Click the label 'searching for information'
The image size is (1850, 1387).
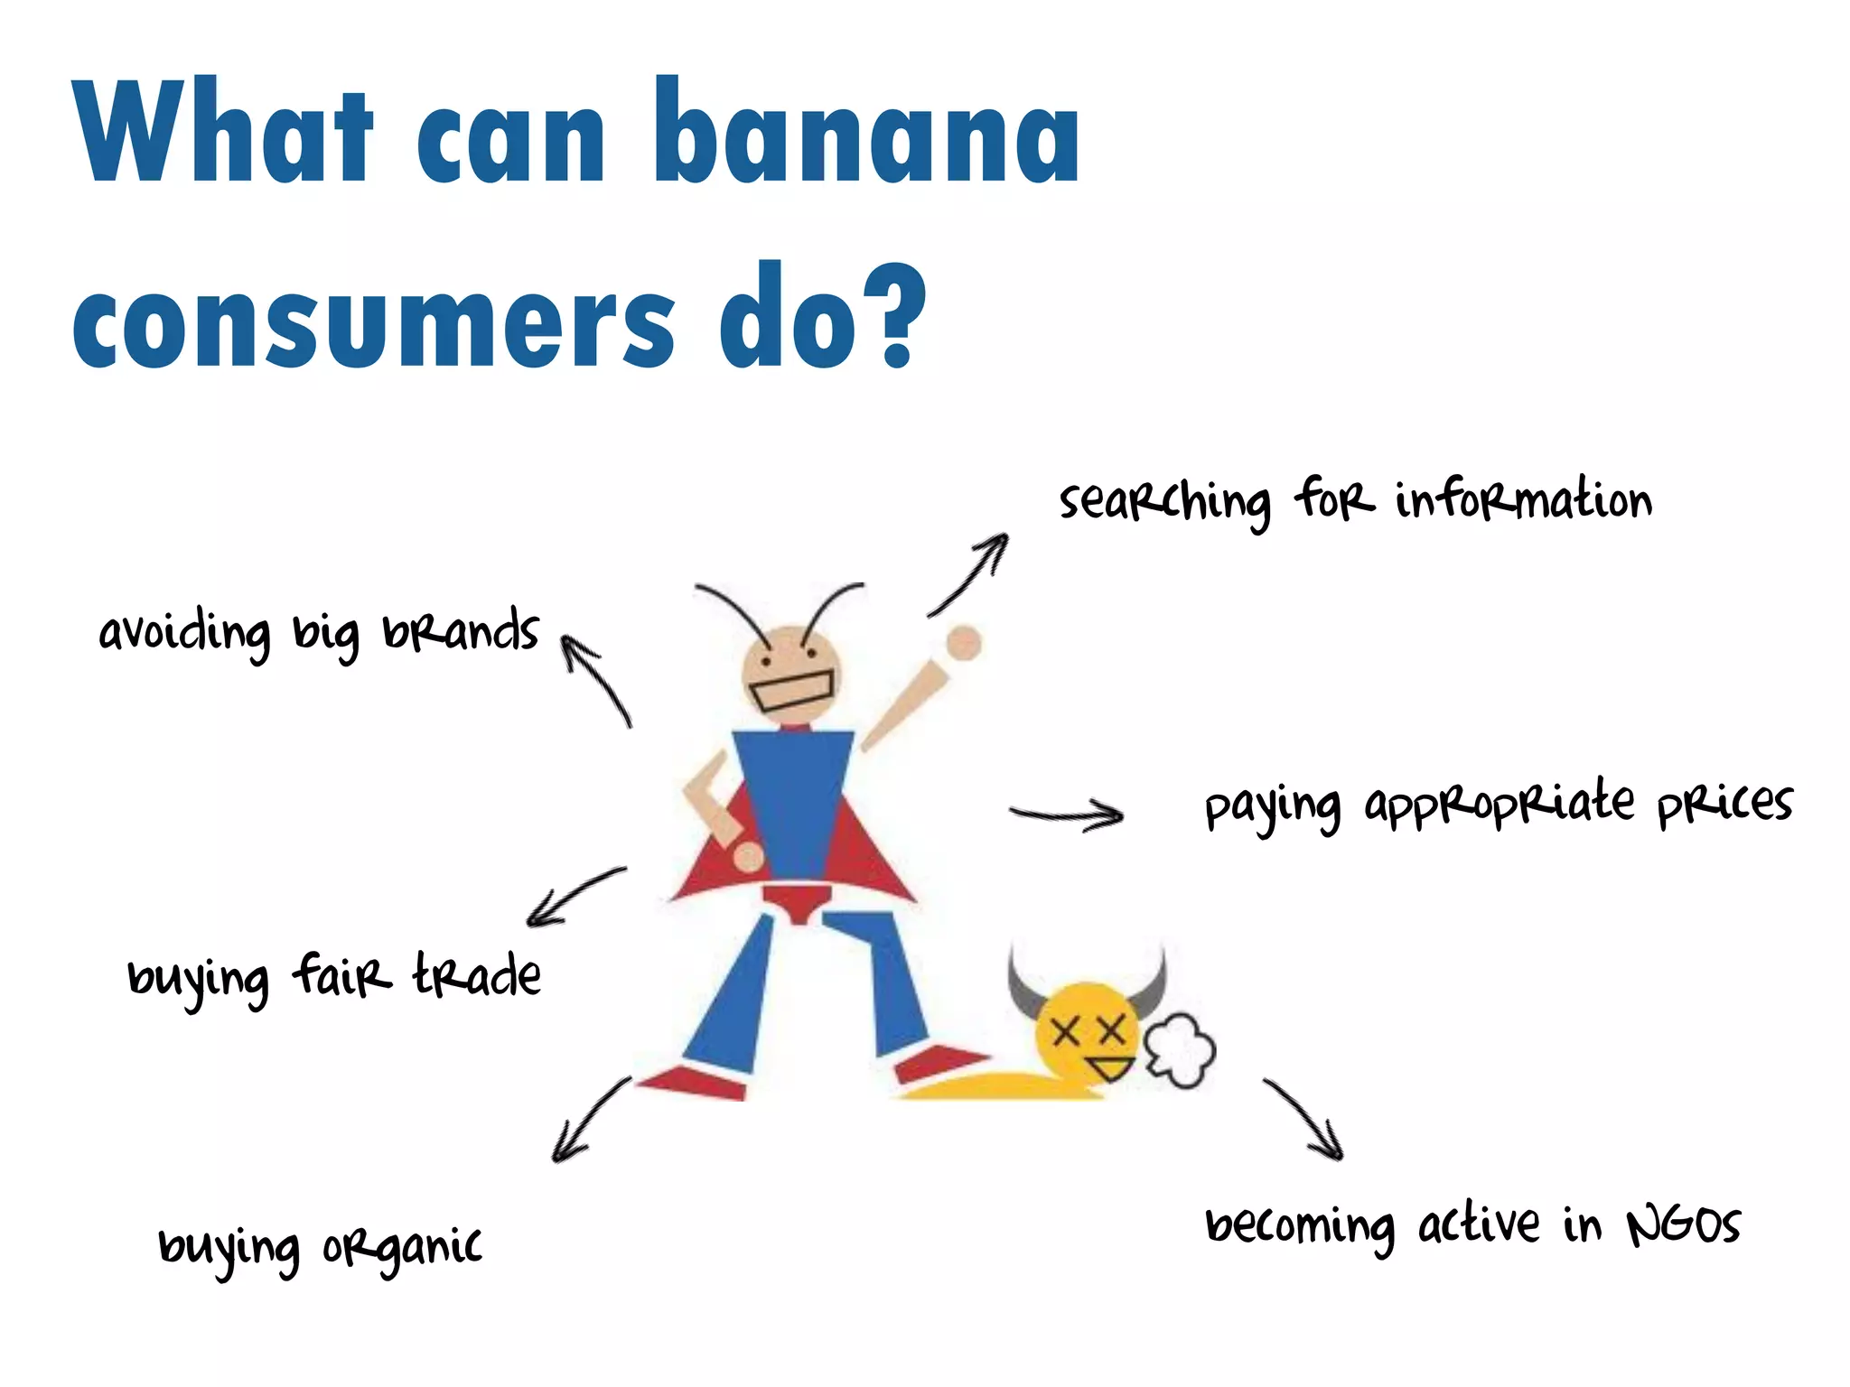pyautogui.click(x=1355, y=501)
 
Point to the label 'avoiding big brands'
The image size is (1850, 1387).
pyautogui.click(x=319, y=632)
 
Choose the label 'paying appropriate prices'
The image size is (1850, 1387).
pyautogui.click(x=1498, y=804)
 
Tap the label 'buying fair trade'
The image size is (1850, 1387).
pyautogui.click(x=334, y=977)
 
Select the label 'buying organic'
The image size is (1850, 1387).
pyautogui.click(x=320, y=1248)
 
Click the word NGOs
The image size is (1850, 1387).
pyautogui.click(x=1684, y=1226)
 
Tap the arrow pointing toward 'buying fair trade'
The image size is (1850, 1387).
pyautogui.click(x=575, y=896)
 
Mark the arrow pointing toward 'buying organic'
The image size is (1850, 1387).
pyautogui.click(x=589, y=1120)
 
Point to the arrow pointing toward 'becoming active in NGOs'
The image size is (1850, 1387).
pyautogui.click(x=1304, y=1118)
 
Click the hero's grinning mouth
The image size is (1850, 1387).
pyautogui.click(x=792, y=692)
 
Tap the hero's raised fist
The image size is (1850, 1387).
pyautogui.click(x=964, y=644)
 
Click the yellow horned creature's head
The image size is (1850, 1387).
pyautogui.click(x=1087, y=1029)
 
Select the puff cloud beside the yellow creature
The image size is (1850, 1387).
pyautogui.click(x=1180, y=1050)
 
